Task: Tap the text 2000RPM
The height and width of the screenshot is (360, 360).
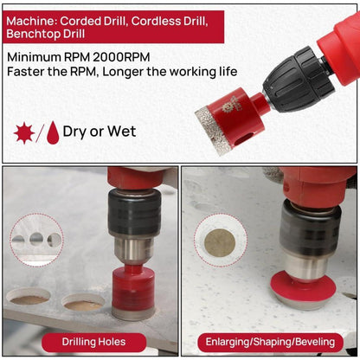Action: pyautogui.click(x=121, y=57)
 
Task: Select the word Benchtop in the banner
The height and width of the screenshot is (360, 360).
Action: pyautogui.click(x=33, y=34)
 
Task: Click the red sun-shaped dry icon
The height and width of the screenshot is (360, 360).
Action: pyautogui.click(x=24, y=132)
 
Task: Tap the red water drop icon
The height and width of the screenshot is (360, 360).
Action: pyautogui.click(x=53, y=132)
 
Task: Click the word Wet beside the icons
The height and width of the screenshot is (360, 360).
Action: pyautogui.click(x=121, y=132)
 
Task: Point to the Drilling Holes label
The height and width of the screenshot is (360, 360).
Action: pyautogui.click(x=94, y=342)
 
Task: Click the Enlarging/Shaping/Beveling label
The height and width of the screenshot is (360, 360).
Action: pyautogui.click(x=270, y=342)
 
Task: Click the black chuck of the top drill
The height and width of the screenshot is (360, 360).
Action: pyautogui.click(x=299, y=80)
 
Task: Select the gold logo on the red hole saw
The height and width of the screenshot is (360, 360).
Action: pyautogui.click(x=227, y=107)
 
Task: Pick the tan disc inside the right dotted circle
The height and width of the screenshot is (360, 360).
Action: pyautogui.click(x=220, y=242)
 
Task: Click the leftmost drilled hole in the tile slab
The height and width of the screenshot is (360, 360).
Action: pyautogui.click(x=28, y=296)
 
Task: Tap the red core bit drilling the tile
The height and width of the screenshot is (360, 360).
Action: pyautogui.click(x=133, y=292)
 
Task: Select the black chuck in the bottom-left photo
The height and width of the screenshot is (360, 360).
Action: pyautogui.click(x=134, y=213)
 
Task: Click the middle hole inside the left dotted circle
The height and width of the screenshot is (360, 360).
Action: pyautogui.click(x=36, y=239)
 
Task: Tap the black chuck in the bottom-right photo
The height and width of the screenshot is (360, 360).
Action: pyautogui.click(x=310, y=227)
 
